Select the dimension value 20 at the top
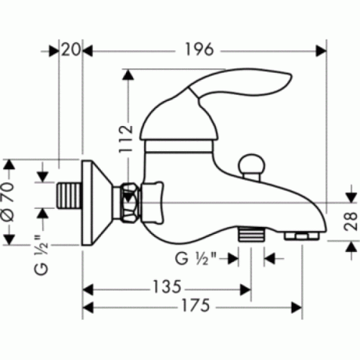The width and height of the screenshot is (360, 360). (70, 50)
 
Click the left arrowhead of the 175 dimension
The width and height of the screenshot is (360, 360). (88, 306)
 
